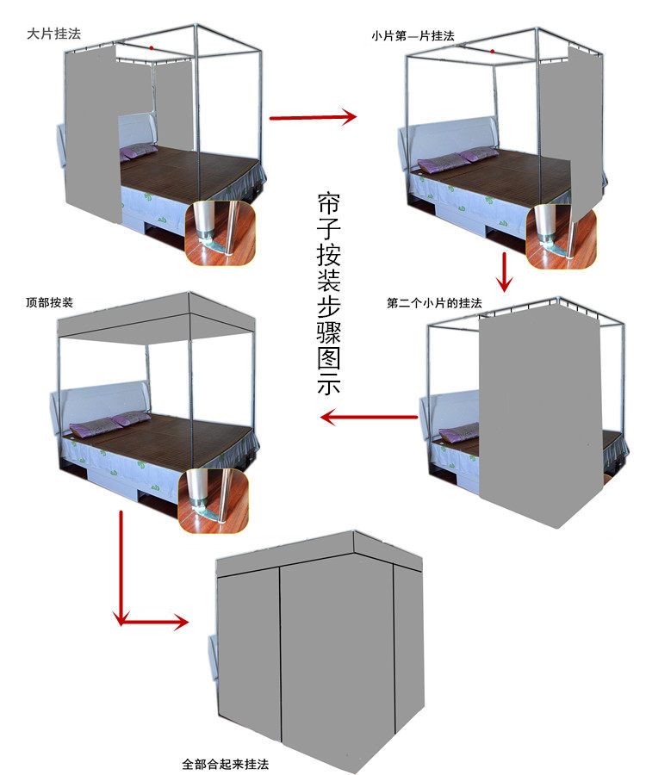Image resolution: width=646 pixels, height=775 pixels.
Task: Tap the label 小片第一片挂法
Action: [x=413, y=36]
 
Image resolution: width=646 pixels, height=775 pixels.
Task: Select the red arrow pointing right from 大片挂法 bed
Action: [x=313, y=117]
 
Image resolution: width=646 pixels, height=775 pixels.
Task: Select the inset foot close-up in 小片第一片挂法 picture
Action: [x=562, y=235]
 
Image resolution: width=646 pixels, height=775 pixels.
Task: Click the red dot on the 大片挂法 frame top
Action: [x=152, y=47]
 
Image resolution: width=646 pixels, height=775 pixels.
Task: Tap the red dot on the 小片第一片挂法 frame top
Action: [x=492, y=51]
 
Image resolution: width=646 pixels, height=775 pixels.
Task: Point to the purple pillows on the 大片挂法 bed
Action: [x=138, y=152]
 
